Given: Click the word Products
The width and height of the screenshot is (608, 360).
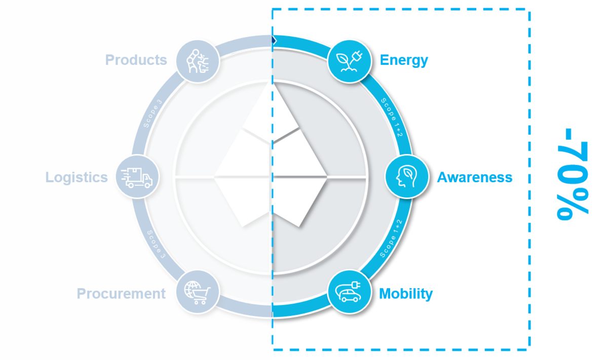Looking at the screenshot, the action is coord(136,60).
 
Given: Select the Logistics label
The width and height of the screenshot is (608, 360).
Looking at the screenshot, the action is coord(77,178).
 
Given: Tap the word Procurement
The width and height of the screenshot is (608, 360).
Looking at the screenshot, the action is coord(121,294).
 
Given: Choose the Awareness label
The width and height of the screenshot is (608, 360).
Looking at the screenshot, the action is coord(475,177).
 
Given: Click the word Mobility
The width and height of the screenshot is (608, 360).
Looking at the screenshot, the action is coord(406,294).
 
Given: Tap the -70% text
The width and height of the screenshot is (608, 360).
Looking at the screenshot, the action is coord(572,174).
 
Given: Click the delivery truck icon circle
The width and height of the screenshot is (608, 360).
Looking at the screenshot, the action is coord(137,177).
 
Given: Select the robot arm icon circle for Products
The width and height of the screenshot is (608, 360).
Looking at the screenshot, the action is coord(198,61).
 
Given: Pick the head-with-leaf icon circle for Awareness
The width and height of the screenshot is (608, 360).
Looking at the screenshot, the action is coord(407,177).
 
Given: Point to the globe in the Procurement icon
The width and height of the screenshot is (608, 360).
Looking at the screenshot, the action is coord(192,289).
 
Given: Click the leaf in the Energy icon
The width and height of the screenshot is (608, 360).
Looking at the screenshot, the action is coord(343,59).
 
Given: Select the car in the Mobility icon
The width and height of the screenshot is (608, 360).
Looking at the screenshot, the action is coord(351,296).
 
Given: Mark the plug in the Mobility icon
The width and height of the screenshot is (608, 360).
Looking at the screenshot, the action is coord(356,285).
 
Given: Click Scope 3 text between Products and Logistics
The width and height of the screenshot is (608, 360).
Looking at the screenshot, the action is coord(153,113).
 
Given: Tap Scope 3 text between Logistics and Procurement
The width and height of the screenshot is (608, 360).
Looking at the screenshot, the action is coord(156,244).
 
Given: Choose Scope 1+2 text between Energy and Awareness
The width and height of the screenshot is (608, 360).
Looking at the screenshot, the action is coord(392,117).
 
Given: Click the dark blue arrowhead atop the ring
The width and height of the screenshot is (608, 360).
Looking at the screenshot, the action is coord(274,41).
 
